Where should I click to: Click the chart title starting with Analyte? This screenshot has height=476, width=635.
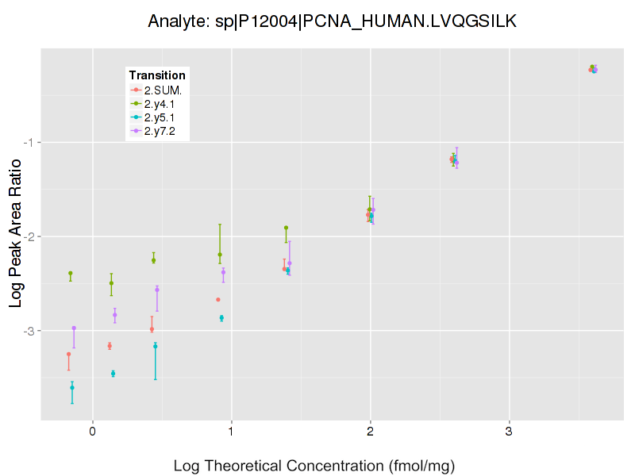(333, 21)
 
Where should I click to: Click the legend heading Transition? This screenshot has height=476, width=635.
(157, 75)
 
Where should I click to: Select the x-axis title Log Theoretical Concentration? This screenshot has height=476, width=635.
(314, 466)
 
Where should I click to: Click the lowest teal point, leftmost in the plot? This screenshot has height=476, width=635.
(72, 387)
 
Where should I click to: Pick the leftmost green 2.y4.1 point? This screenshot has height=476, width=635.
(71, 273)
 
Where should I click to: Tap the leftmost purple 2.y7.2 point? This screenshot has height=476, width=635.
(74, 328)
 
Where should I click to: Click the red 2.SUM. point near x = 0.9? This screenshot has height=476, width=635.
(218, 299)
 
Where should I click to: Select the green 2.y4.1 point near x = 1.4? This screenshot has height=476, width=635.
(286, 228)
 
